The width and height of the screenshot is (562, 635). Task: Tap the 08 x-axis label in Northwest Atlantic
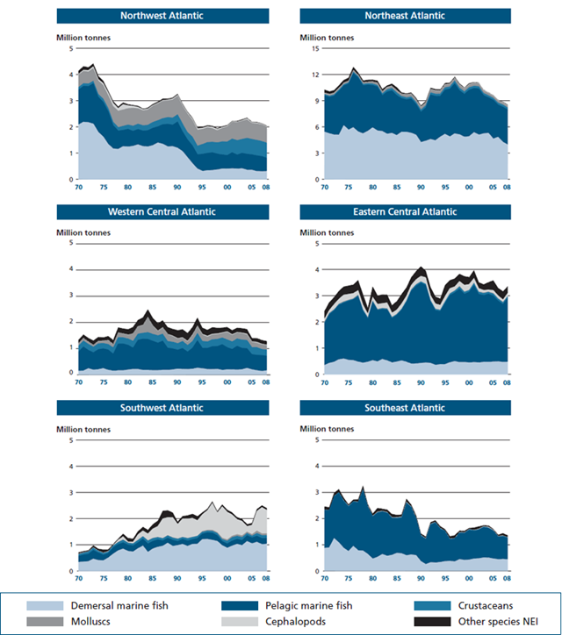266,187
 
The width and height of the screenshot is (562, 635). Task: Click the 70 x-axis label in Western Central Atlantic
79,382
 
